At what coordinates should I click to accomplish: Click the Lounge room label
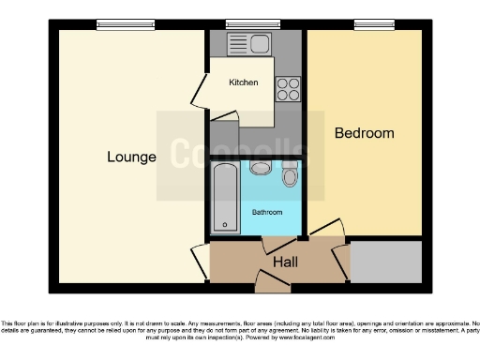coord(131,157)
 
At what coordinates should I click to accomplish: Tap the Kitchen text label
coord(243,82)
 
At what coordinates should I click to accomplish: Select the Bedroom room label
coord(365,133)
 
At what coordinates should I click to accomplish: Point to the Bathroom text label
coord(267,213)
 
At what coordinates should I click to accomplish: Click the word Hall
coord(285,262)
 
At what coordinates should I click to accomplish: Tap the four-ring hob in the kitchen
coord(287,88)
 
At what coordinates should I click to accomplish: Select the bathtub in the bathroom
coord(226,196)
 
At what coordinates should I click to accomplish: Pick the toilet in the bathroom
coord(290,175)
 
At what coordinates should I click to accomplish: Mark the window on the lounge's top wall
coord(112,25)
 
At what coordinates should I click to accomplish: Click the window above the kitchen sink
coord(244,25)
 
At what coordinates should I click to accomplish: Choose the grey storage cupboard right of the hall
coord(385,262)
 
